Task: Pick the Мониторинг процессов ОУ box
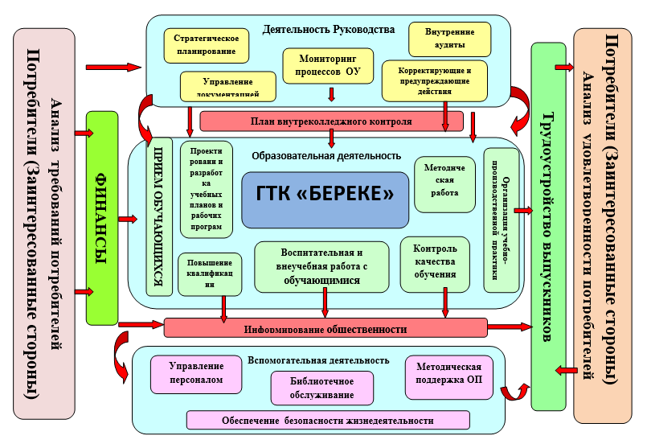(x=330, y=65)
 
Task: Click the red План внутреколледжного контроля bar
(x=331, y=121)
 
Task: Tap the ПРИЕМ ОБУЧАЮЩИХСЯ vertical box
(x=158, y=217)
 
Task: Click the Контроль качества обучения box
(x=434, y=261)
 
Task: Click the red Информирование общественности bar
(x=326, y=327)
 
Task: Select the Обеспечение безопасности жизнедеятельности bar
(x=327, y=420)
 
